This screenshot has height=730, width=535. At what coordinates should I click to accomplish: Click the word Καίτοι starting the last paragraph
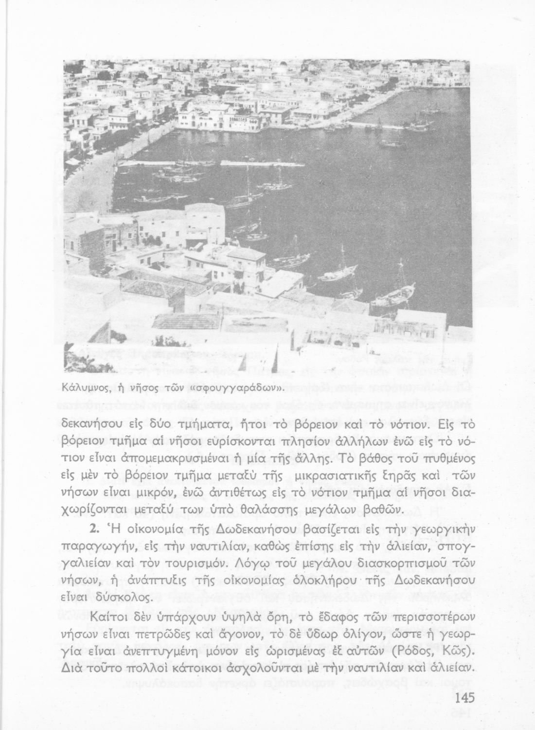coord(110,617)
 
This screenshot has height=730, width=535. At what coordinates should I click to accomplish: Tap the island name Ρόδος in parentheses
coord(409,652)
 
